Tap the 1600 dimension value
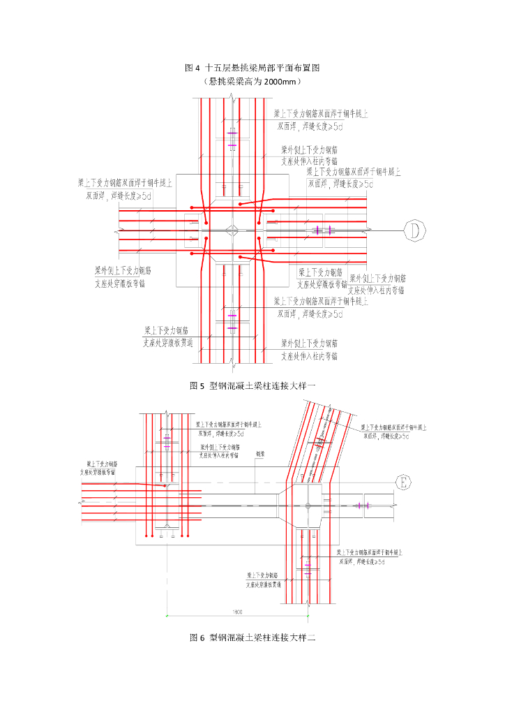237,612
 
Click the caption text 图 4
193,68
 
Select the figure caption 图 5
197,385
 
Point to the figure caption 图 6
197,637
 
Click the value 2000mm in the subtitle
279,81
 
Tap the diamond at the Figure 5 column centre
232,230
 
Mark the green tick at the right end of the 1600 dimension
308,616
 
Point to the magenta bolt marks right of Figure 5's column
323,230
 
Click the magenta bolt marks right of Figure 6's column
362,505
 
